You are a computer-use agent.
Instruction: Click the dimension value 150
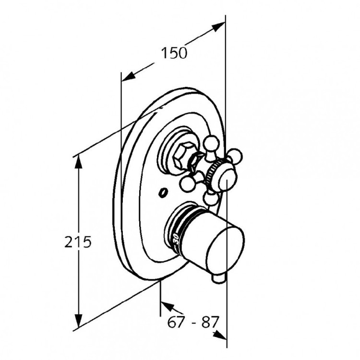174,53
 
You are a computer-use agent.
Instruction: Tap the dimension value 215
78,242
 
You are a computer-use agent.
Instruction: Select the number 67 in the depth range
176,322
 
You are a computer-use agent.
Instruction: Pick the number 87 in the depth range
209,322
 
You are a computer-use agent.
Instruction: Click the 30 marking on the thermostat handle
176,239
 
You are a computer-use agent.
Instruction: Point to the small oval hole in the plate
163,192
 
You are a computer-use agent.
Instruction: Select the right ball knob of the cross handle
234,156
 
